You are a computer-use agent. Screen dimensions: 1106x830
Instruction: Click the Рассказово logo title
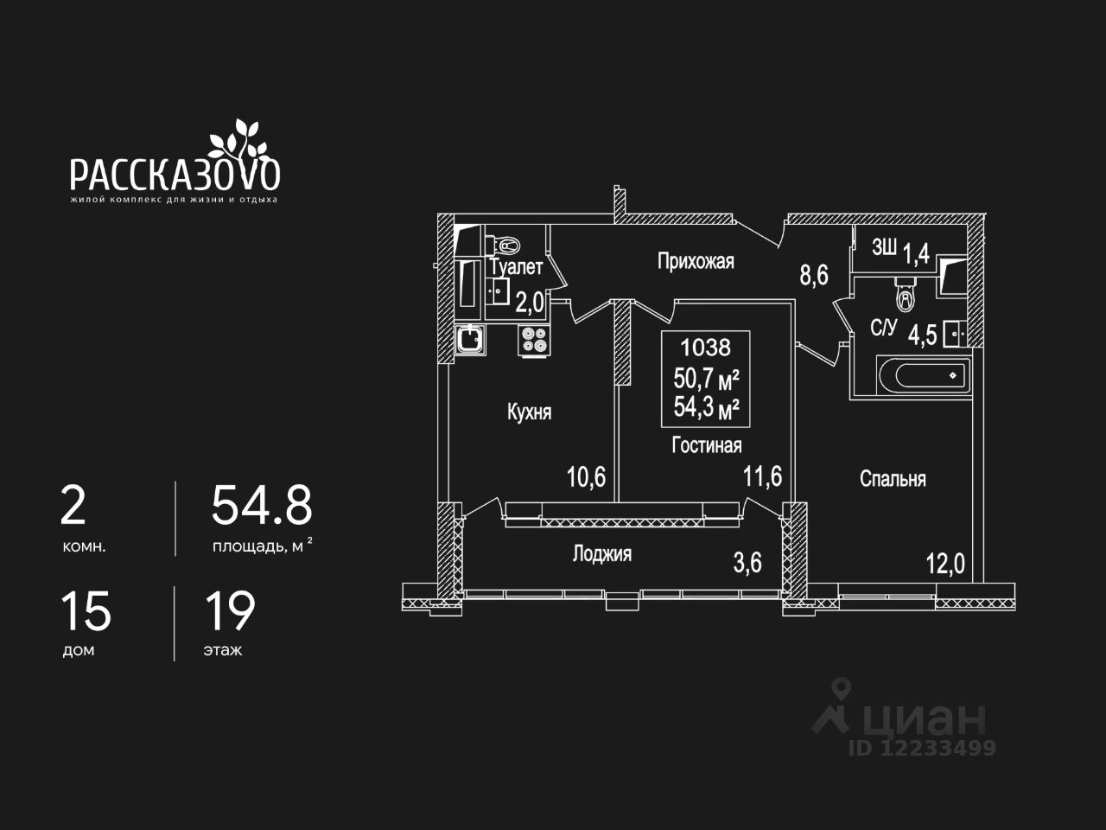[x=175, y=173]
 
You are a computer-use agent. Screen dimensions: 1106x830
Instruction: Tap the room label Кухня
[x=529, y=412]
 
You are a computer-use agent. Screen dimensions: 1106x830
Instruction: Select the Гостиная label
[x=707, y=445]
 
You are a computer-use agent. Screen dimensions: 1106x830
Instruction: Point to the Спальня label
[x=893, y=479]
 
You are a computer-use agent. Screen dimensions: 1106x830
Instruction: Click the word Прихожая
[x=696, y=261]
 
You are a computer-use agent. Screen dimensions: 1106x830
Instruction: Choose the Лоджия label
[x=601, y=554]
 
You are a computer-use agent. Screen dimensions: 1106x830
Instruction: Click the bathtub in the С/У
[x=920, y=375]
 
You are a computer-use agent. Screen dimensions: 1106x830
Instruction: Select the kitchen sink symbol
[x=470, y=338]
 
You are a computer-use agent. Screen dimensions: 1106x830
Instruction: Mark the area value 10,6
[x=586, y=476]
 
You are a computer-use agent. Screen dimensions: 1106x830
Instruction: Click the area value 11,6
[x=763, y=476]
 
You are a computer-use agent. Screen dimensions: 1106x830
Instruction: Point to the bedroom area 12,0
[x=944, y=565]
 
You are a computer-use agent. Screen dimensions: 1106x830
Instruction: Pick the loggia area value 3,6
[x=747, y=563]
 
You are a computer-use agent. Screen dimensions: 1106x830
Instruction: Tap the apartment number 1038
[x=705, y=348]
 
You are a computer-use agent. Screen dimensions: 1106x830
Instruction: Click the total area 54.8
[x=262, y=506]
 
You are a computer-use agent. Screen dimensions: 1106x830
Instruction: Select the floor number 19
[x=230, y=610]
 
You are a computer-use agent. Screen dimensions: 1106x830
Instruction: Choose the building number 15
[x=86, y=610]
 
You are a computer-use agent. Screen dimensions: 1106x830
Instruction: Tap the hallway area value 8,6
[x=813, y=276]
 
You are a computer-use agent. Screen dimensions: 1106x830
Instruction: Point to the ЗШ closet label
[x=883, y=249]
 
